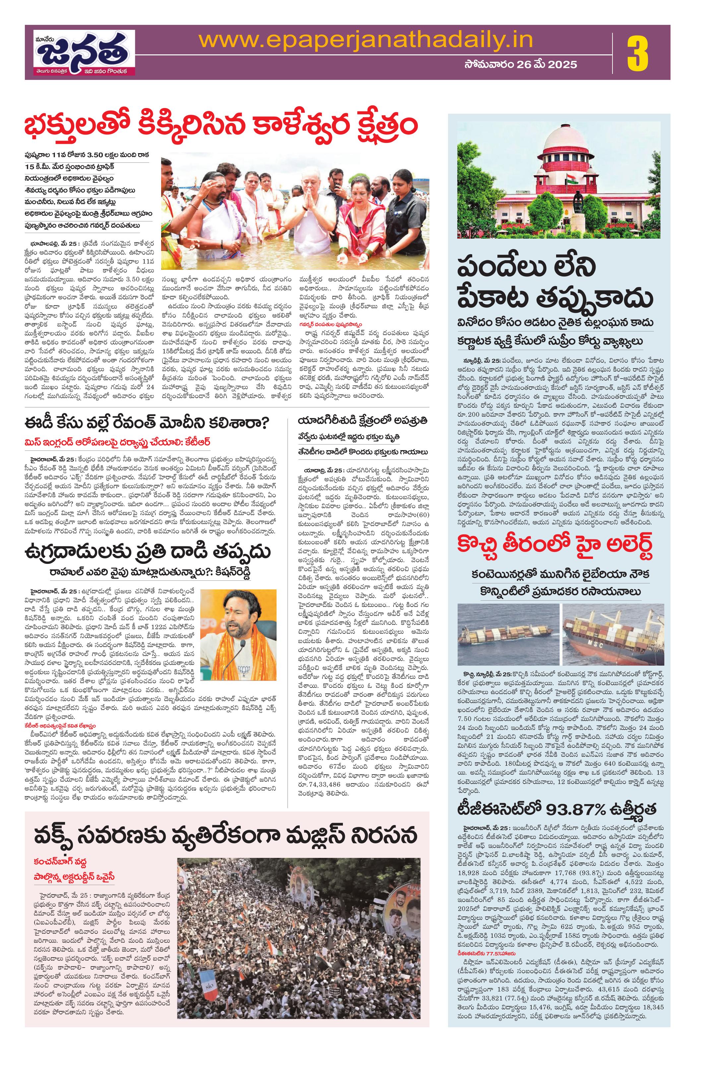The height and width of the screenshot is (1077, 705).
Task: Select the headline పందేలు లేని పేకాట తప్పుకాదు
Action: pos(555,283)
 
